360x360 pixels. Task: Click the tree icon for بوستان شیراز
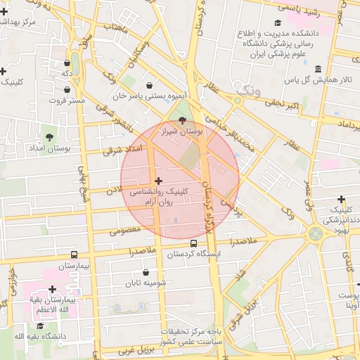tap(183, 120)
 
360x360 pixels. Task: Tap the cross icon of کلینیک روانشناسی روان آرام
tap(158, 181)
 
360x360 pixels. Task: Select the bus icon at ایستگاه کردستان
tap(193, 243)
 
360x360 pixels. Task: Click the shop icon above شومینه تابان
tap(146, 273)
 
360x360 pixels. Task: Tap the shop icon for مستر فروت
tap(67, 90)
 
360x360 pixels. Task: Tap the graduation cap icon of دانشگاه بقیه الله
tap(40, 326)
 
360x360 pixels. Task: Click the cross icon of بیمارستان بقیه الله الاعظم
tap(52, 289)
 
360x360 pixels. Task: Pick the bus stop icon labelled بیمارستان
tap(75, 256)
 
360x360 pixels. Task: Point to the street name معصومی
tap(125, 229)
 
